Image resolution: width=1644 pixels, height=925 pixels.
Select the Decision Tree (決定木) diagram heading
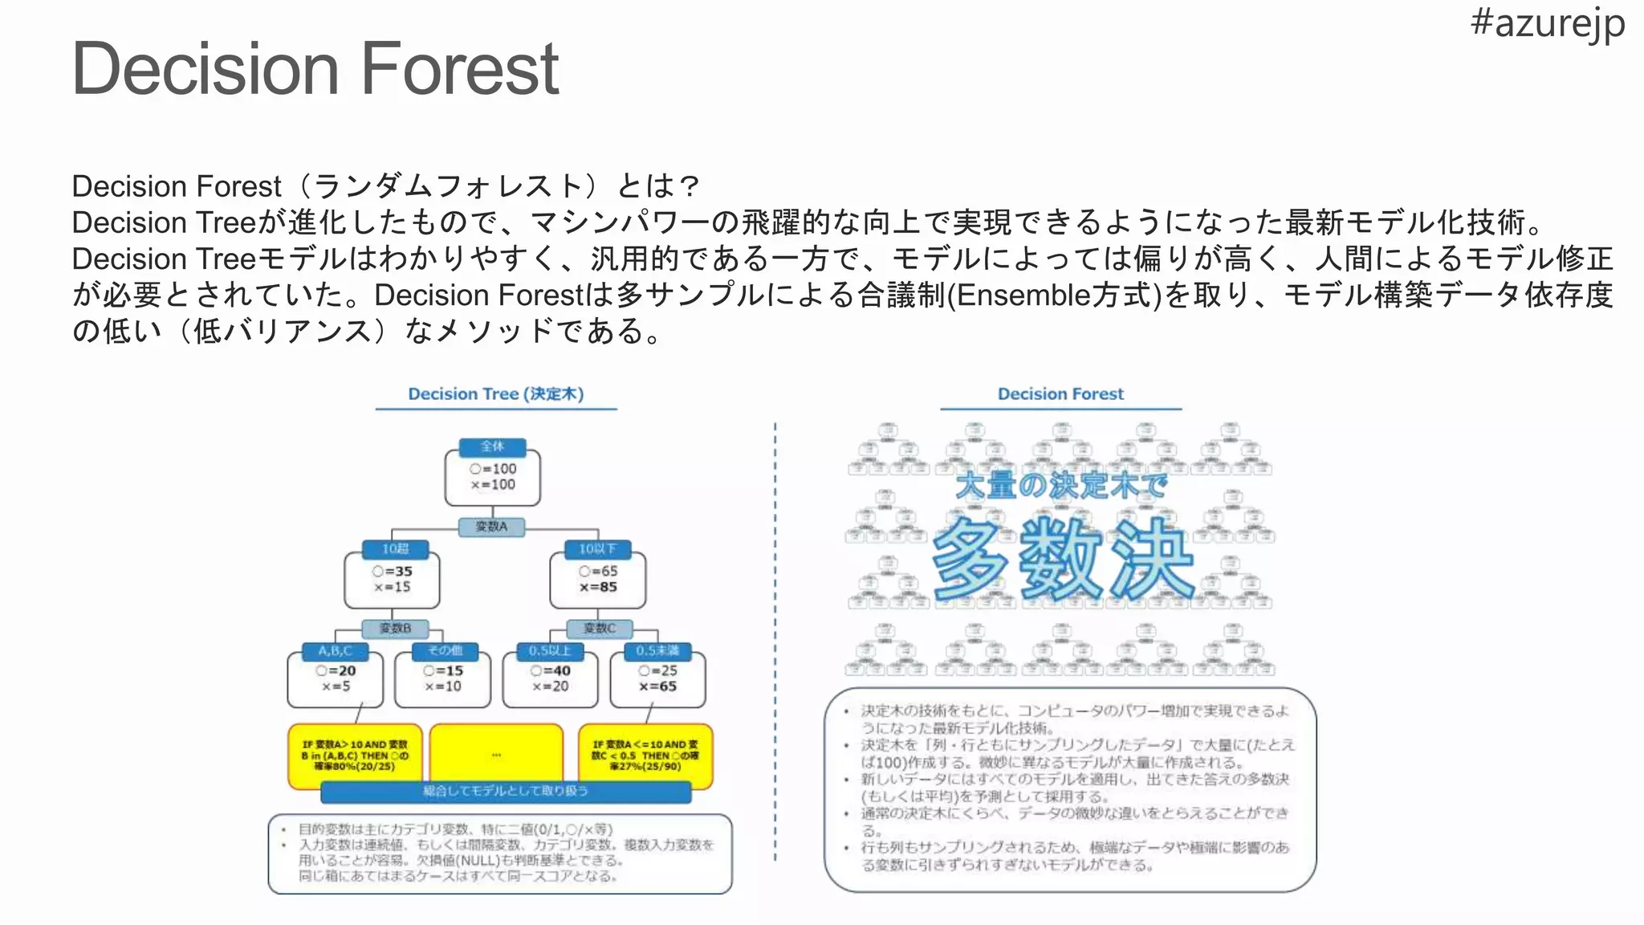point(495,393)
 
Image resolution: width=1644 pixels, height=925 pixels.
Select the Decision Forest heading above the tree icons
point(1060,393)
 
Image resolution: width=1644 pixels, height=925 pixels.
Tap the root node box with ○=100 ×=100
point(492,478)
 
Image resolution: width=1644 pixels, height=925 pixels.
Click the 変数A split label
point(491,527)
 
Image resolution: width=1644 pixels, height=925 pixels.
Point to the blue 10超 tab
point(394,548)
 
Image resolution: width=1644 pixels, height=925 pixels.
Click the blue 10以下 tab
point(597,548)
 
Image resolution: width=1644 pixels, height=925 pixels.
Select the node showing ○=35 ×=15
point(392,580)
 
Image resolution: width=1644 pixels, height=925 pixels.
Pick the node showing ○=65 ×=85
point(598,580)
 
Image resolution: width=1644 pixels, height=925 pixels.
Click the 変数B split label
point(395,628)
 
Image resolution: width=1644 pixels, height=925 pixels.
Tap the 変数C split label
point(600,628)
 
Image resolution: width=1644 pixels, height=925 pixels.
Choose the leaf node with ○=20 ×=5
point(336,679)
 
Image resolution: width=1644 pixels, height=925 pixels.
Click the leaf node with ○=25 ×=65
point(657,679)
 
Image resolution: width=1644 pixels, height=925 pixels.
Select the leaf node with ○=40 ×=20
point(550,679)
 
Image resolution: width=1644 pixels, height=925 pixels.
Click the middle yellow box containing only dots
point(496,755)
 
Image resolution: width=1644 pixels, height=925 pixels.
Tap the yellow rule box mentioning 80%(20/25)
point(354,756)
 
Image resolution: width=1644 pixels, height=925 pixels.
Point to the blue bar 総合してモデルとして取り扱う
point(506,792)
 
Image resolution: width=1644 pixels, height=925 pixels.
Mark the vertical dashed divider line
point(775,642)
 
